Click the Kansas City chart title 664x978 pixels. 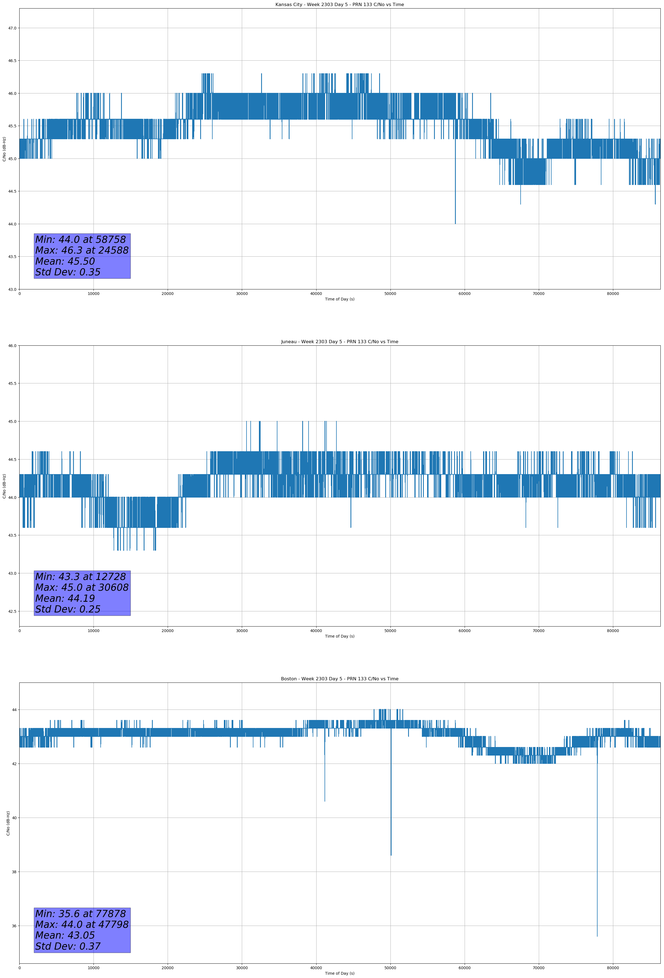(339, 5)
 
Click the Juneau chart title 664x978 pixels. (339, 342)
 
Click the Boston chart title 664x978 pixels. (339, 679)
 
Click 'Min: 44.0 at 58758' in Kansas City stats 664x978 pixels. (81, 240)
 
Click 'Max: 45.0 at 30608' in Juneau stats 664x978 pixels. (82, 587)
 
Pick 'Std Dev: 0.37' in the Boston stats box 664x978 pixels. (68, 946)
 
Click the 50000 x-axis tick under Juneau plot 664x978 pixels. (390, 630)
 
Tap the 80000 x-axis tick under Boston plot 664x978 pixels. (613, 968)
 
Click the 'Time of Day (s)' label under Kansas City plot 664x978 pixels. (339, 299)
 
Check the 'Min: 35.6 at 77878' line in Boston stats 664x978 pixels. (81, 913)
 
